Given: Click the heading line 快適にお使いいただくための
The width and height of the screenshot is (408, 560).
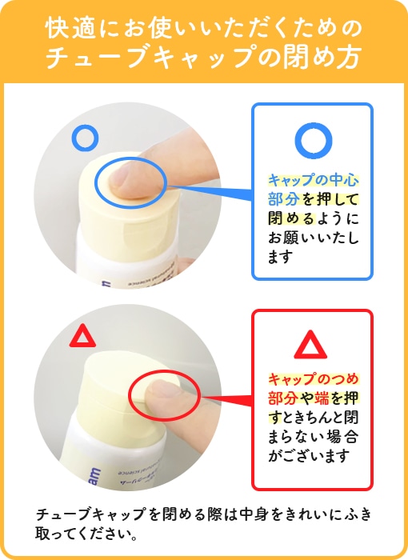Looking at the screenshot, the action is pos(204,29).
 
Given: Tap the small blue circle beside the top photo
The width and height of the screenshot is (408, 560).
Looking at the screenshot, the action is pos(85,137).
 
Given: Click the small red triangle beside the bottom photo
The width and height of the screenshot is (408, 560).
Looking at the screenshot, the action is pos(82,337).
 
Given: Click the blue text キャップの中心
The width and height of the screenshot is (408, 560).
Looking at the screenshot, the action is pos(313,180).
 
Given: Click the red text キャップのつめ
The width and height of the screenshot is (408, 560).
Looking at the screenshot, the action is pos(313,378).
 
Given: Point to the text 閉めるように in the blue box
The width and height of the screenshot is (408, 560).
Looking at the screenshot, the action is pos(313,218).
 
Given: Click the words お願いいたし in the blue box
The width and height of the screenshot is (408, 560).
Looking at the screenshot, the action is pos(313,238).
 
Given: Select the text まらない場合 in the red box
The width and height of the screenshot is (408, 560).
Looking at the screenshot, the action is pos(313,437).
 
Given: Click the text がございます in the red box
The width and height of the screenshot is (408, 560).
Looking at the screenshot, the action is pos(309,457).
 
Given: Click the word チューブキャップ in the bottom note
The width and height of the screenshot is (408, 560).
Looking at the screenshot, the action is pos(91,515).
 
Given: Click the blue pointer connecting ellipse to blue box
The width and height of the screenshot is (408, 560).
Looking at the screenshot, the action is pos(210,190).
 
